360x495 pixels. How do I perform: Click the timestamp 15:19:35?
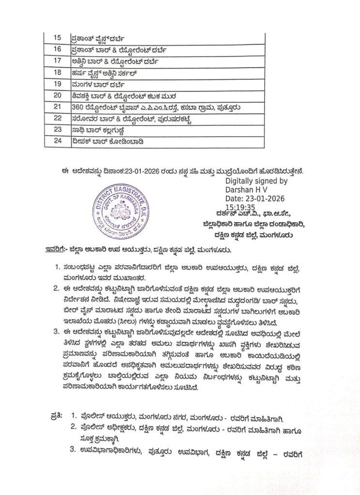click(x=240, y=206)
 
